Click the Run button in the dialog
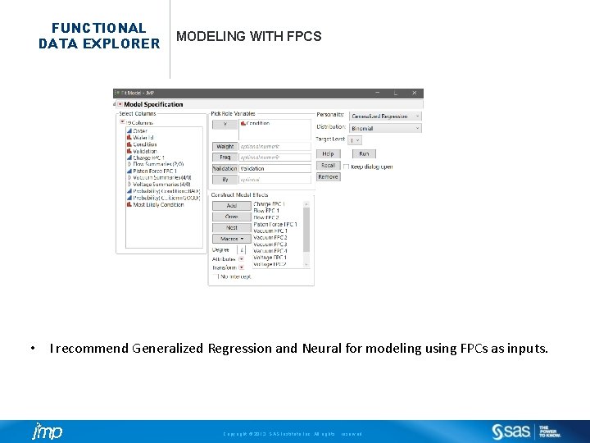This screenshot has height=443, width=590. (x=364, y=153)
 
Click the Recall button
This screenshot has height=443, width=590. (x=328, y=165)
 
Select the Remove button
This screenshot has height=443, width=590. (x=328, y=176)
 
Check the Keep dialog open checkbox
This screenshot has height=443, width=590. (x=347, y=166)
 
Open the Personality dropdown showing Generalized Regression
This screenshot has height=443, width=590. (x=385, y=116)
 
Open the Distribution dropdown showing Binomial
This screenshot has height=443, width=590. (x=385, y=128)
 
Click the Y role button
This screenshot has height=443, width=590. (x=225, y=125)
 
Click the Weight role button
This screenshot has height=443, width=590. (x=225, y=146)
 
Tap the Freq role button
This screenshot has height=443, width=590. (x=225, y=157)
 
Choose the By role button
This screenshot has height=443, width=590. (x=225, y=179)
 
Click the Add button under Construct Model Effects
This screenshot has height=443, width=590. (x=231, y=205)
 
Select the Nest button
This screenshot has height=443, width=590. (x=231, y=227)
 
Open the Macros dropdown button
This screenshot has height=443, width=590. (x=231, y=239)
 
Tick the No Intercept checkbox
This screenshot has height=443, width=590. (x=215, y=276)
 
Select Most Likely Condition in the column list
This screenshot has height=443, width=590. (x=158, y=205)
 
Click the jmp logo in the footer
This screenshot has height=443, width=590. (x=48, y=432)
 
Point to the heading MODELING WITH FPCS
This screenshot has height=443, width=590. (x=249, y=37)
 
